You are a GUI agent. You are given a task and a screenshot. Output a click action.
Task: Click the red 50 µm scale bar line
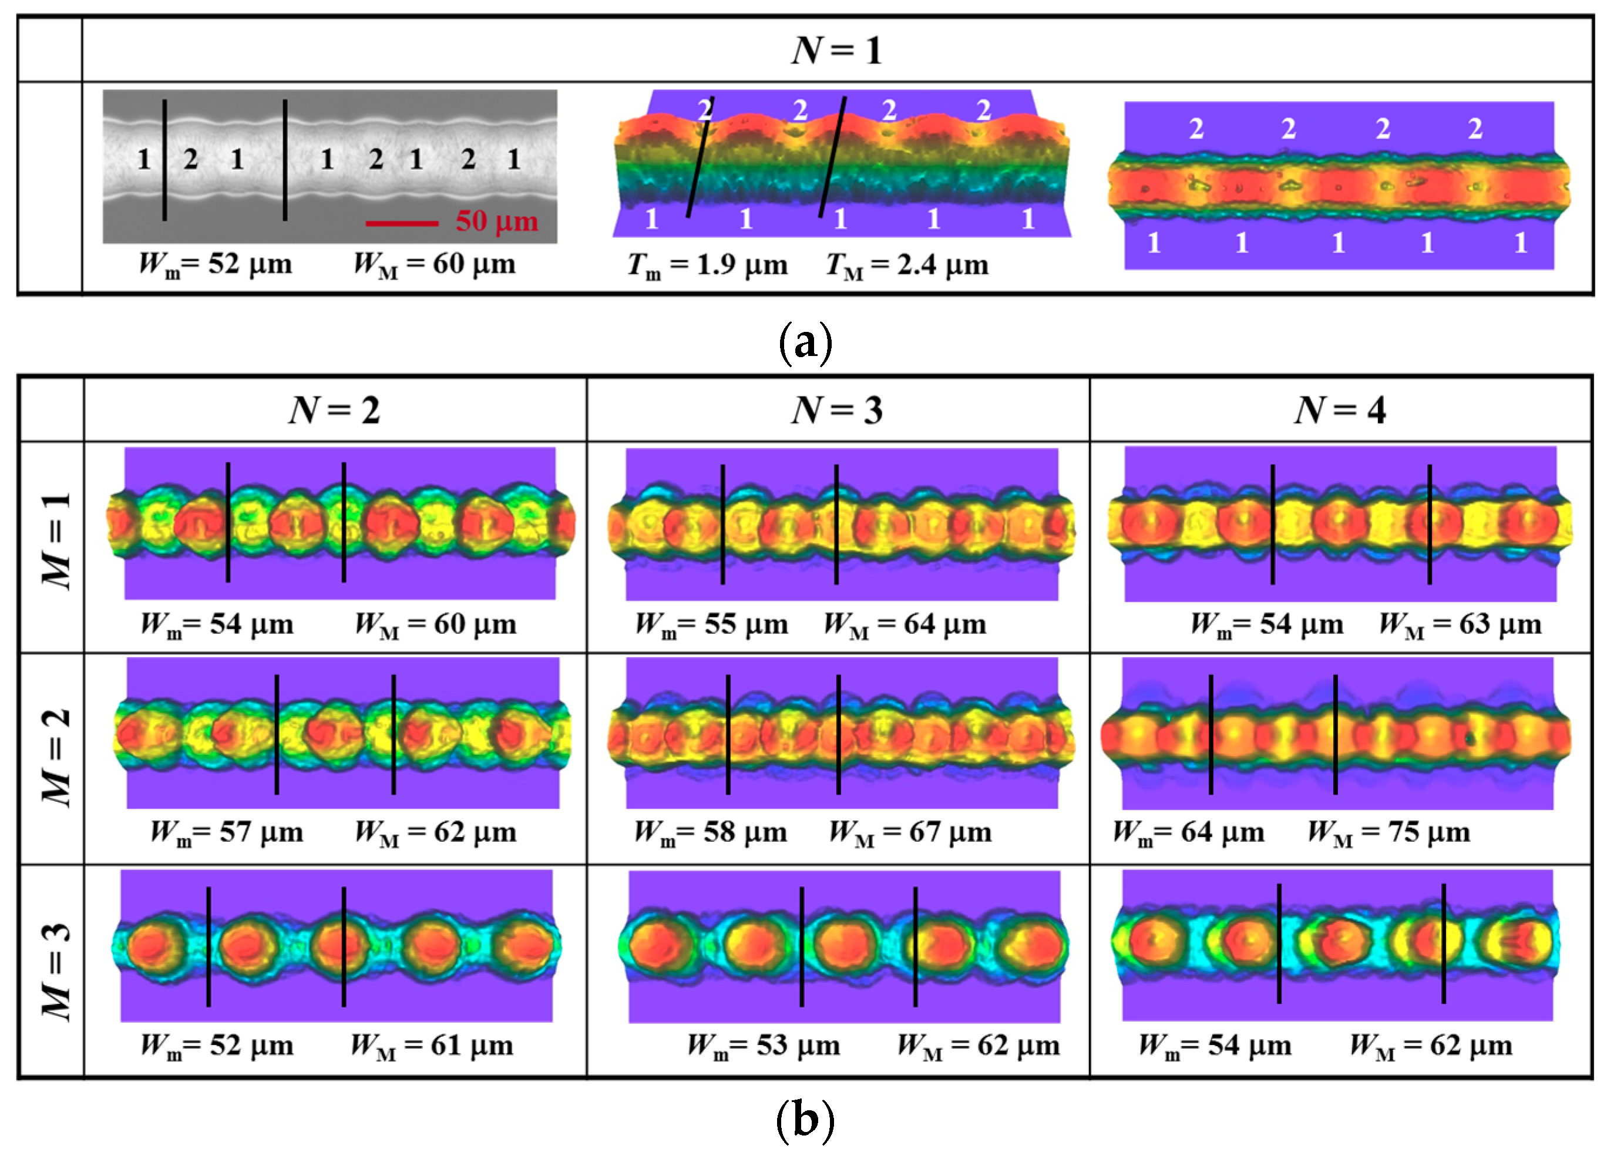[402, 224]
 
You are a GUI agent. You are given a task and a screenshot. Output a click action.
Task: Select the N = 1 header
[837, 51]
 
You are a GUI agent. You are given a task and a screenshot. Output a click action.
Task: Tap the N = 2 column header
[334, 410]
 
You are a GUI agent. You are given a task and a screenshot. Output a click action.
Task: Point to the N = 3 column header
[837, 410]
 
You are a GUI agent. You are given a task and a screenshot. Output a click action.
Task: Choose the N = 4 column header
[1340, 410]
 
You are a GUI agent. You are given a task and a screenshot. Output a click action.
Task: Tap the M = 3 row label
[57, 970]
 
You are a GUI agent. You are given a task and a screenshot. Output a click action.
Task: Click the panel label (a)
[805, 343]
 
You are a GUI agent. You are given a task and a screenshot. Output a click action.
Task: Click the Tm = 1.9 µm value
[707, 266]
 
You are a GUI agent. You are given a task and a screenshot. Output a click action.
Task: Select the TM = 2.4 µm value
[907, 266]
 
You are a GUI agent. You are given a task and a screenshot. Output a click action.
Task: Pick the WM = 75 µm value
[1388, 832]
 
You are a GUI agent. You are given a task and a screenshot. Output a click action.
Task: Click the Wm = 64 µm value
[1188, 832]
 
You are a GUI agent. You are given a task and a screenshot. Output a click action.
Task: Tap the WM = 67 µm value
[910, 832]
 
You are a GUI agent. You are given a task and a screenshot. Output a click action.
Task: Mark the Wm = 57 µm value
[227, 832]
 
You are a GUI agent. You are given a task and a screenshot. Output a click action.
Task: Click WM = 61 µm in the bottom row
[432, 1046]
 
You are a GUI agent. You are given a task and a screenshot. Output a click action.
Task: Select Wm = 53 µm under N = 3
[764, 1046]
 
